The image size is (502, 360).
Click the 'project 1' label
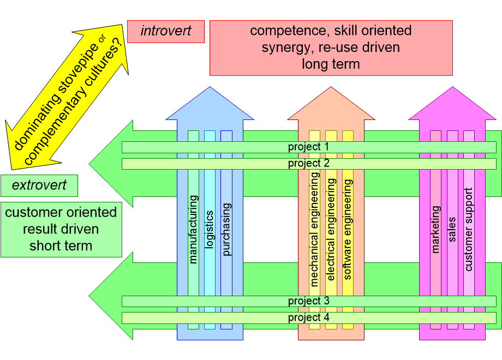[309, 147]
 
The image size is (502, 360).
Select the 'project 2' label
[309, 164]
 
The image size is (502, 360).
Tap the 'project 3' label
[309, 301]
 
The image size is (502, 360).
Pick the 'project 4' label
[309, 317]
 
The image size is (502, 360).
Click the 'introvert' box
[166, 31]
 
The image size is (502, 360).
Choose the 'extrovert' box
[39, 185]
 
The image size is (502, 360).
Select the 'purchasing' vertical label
[226, 229]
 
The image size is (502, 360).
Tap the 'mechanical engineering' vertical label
[314, 229]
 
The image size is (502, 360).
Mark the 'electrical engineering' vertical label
[331, 229]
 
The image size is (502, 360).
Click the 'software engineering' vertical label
[348, 229]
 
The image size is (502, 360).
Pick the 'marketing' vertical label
[435, 229]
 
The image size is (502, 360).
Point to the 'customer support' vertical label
[469, 229]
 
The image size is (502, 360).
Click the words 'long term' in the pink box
[331, 64]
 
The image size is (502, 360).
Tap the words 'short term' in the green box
[61, 245]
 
